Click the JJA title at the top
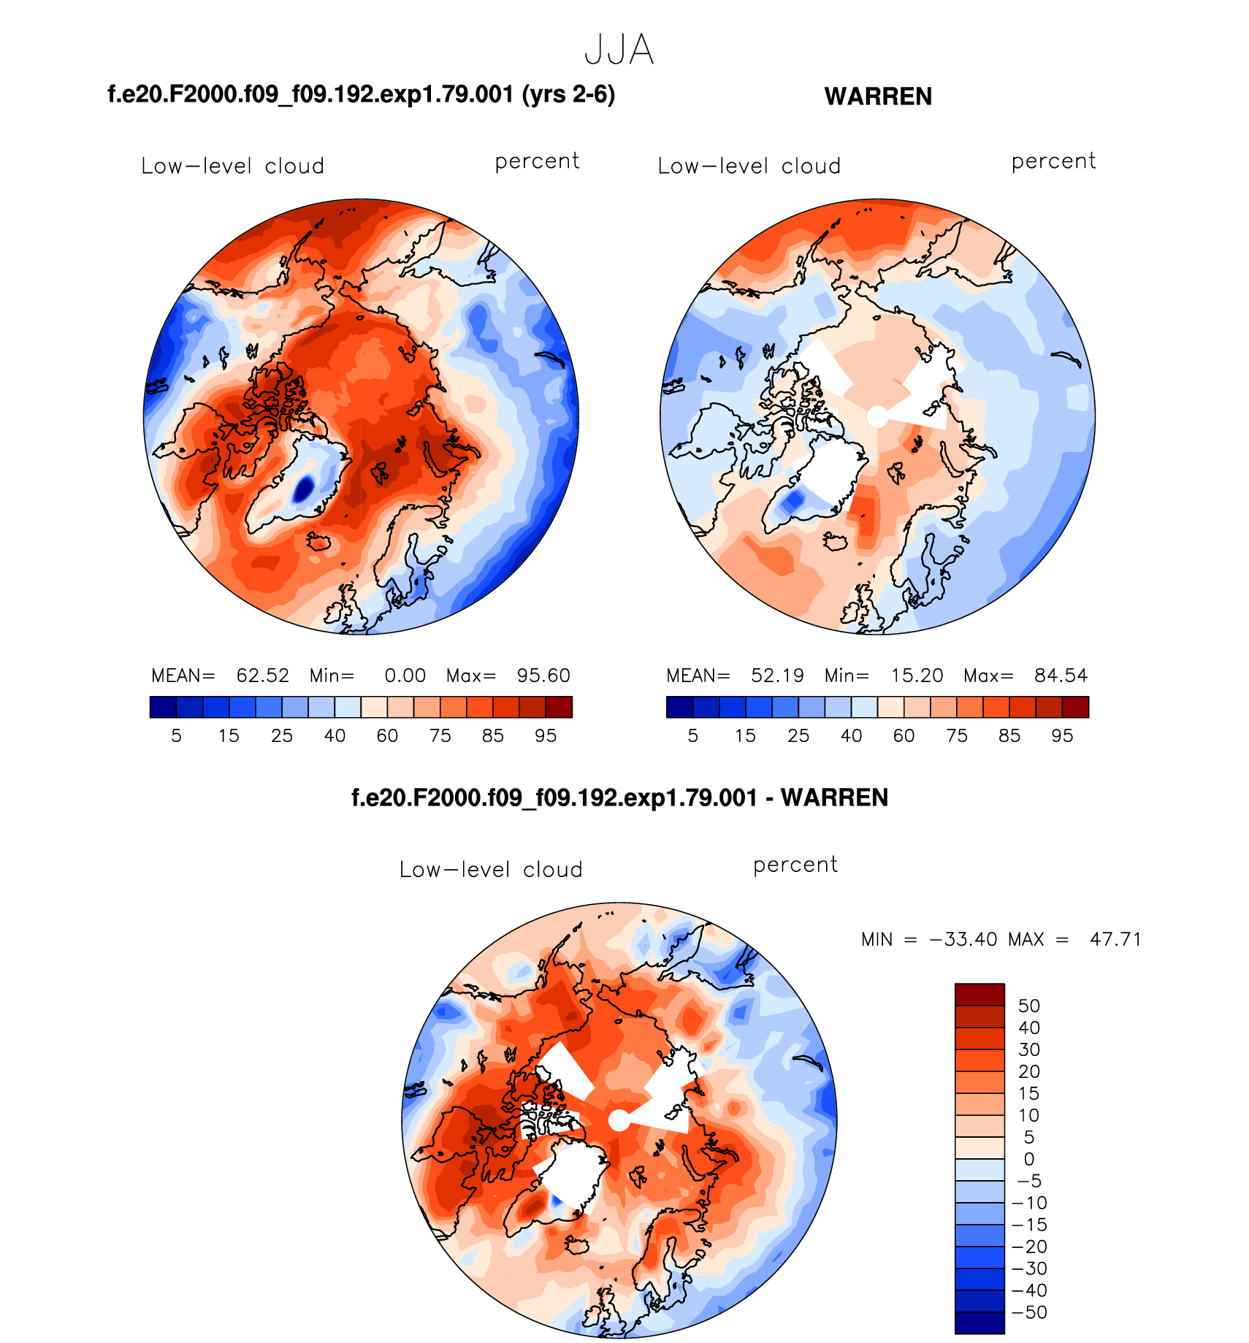619,50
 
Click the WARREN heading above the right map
878,96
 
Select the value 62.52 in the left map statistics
262,676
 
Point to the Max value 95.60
543,676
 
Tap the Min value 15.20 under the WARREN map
917,676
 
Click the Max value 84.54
1061,676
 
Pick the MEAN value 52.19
777,676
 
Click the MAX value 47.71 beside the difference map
1115,939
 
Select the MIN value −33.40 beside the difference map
963,939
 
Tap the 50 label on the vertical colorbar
1028,1006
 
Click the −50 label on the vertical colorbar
1029,1312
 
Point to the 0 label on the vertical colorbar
1028,1159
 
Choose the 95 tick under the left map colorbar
546,736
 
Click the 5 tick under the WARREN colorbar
692,736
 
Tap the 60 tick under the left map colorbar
387,736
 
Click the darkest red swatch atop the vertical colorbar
979,995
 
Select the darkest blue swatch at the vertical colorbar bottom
979,1323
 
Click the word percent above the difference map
795,865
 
